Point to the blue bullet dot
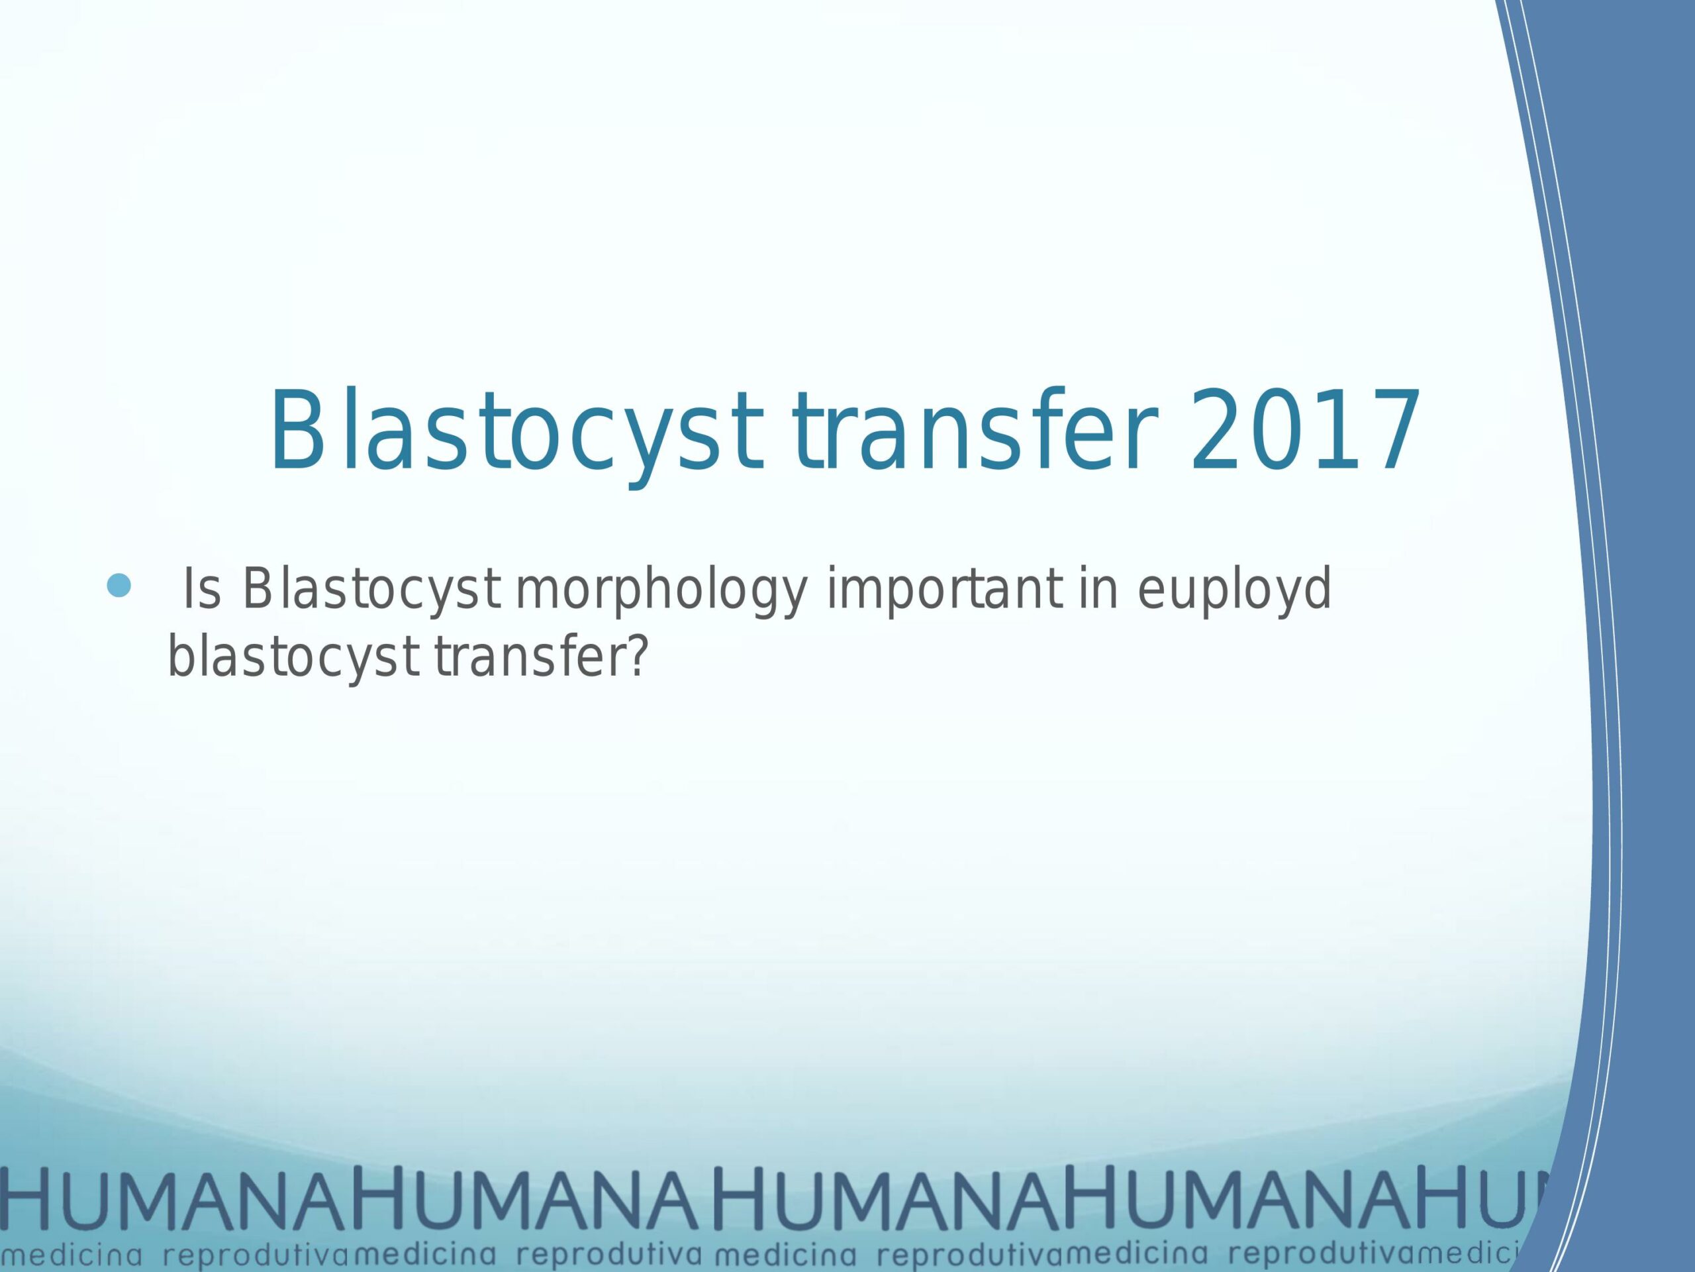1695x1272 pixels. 118,586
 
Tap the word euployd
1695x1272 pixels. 1234,591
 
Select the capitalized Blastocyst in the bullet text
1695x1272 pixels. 371,590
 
